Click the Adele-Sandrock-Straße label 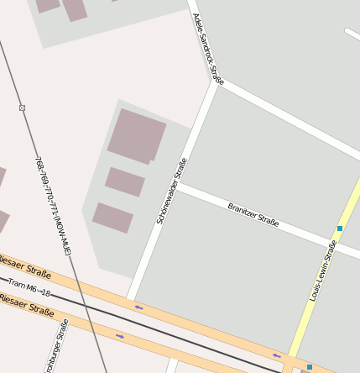pyautogui.click(x=208, y=50)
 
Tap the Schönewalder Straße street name pyautogui.click(x=171, y=191)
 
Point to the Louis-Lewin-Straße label pyautogui.click(x=323, y=271)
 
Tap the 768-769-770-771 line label pyautogui.click(x=53, y=206)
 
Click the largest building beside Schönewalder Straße pyautogui.click(x=136, y=135)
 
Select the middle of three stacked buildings pyautogui.click(x=125, y=181)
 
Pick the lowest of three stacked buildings pyautogui.click(x=112, y=218)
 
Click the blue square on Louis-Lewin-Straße pyautogui.click(x=340, y=229)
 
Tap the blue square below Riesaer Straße pyautogui.click(x=309, y=367)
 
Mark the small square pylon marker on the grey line pyautogui.click(x=22, y=108)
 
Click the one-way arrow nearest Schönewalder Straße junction pyautogui.click(x=138, y=307)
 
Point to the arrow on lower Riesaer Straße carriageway pyautogui.click(x=120, y=337)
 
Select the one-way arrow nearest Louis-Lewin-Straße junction pyautogui.click(x=277, y=355)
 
